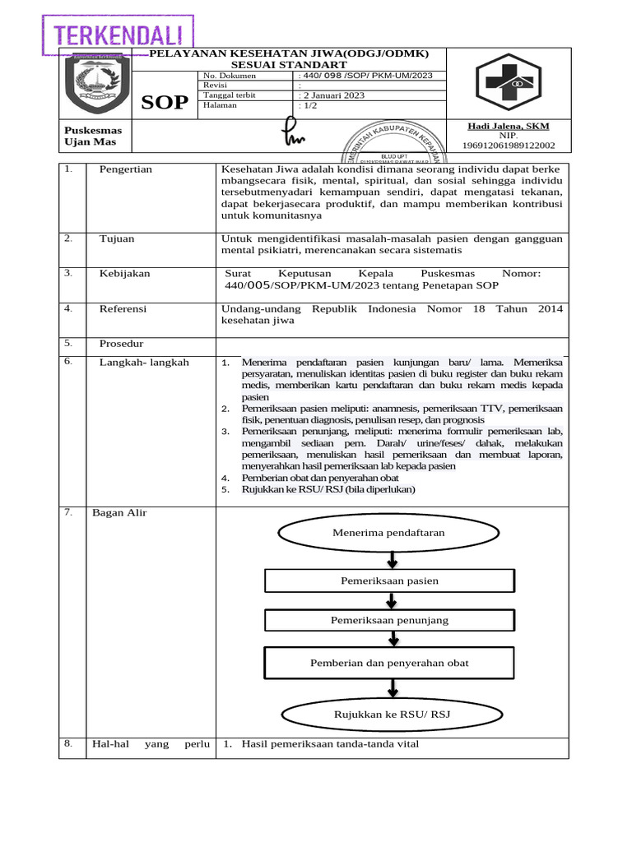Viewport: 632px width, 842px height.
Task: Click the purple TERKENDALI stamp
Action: (116, 35)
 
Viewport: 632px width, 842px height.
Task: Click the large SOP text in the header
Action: (165, 102)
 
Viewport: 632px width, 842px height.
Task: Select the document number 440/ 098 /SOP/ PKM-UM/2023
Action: (362, 76)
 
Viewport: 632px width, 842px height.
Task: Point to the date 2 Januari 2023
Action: (332, 95)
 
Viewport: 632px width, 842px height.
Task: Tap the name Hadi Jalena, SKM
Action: (508, 126)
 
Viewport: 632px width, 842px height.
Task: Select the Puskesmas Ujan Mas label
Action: (92, 136)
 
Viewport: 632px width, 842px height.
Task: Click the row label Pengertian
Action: (125, 169)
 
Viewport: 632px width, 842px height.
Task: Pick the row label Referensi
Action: (123, 309)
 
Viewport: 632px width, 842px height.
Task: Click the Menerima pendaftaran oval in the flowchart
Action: (388, 533)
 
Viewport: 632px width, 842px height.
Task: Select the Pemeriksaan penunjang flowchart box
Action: (389, 620)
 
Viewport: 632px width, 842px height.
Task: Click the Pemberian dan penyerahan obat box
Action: (389, 663)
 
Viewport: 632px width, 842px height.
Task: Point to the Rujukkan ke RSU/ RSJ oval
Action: (392, 715)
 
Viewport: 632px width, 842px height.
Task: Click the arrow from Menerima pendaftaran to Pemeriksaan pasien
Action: (392, 559)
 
